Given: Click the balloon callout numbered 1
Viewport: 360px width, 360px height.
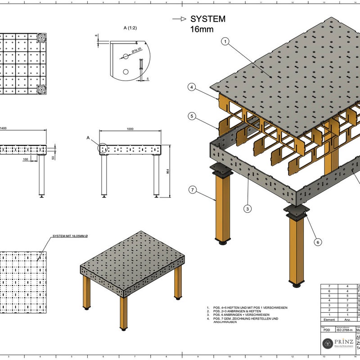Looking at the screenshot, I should coord(226,41).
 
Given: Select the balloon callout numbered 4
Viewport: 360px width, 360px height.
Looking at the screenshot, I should coord(192,87).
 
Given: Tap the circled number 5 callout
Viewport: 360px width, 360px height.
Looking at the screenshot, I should coord(192,117).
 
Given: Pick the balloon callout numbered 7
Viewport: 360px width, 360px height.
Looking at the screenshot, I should coord(192,190).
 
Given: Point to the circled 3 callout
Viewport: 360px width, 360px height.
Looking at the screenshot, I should coord(247,208).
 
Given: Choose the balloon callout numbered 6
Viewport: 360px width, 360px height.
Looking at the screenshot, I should coord(318,242).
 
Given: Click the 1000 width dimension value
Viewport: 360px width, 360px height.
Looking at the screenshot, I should coord(130,129).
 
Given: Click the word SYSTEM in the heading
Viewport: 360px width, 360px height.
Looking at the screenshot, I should coord(207,19).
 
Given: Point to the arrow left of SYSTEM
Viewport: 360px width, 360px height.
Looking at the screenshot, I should coord(180,19).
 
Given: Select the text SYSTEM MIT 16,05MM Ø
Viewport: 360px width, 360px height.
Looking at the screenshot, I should coord(70,236).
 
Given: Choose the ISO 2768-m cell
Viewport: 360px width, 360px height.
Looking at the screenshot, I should coord(345,329).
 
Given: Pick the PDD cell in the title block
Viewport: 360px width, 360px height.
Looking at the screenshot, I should coord(327,329).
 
